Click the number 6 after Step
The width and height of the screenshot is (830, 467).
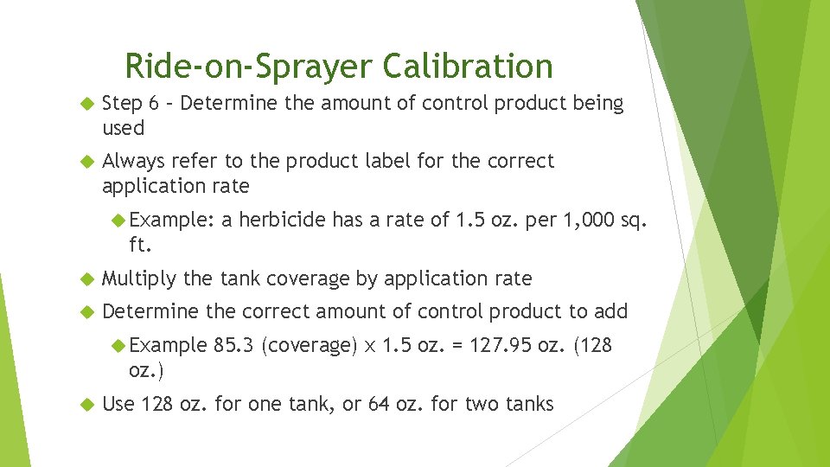tap(153, 104)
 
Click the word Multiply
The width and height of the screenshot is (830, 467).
tap(139, 279)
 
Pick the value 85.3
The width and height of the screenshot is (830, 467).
tap(233, 347)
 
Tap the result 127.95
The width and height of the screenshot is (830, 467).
tap(499, 347)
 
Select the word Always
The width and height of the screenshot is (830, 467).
tap(133, 162)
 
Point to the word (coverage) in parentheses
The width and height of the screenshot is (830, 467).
tap(308, 347)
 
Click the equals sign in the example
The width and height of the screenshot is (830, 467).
tap(455, 347)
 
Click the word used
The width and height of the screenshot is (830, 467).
tap(123, 128)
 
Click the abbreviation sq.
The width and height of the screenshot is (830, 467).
tap(634, 221)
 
